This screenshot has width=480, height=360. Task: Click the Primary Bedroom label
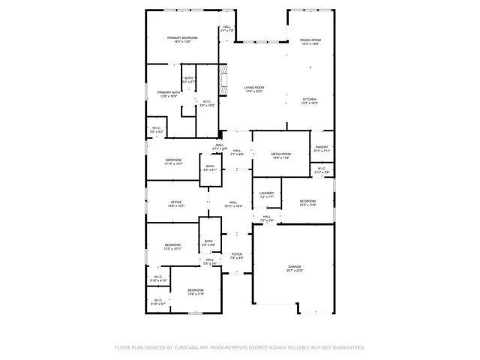[x=184, y=39]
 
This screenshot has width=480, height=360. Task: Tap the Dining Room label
[x=310, y=41]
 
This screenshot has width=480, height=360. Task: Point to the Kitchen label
[x=310, y=100]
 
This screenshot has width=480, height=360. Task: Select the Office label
[x=176, y=203]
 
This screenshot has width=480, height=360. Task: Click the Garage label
[x=295, y=268]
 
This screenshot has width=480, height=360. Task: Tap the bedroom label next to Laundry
[x=308, y=202]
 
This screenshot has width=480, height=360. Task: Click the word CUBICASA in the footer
[x=186, y=348]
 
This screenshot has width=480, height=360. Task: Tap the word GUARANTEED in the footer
[x=348, y=348]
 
